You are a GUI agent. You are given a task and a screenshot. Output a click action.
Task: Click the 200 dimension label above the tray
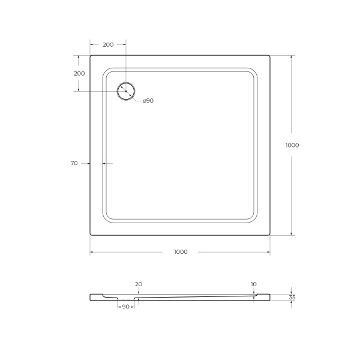tap(108, 45)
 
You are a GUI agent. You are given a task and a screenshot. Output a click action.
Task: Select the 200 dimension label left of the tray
tap(79, 73)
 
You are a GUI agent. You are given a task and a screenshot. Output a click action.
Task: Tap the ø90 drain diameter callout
tap(148, 100)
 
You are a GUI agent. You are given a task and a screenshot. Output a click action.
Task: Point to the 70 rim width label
tap(74, 163)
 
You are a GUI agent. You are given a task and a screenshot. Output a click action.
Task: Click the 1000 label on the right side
tap(292, 145)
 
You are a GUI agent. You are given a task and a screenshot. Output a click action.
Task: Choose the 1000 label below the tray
tap(180, 252)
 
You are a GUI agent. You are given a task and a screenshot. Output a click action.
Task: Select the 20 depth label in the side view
tap(139, 284)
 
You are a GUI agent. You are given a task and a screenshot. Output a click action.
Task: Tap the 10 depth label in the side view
tap(254, 284)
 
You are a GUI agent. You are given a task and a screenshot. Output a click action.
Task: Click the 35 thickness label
tap(292, 297)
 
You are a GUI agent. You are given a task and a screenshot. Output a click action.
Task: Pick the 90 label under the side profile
tap(126, 307)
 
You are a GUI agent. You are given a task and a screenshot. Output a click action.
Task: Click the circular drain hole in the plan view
tap(126, 91)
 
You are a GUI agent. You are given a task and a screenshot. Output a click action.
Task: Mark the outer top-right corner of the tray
tap(269, 56)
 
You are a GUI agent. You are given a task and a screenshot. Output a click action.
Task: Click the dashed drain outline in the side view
tap(126, 299)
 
